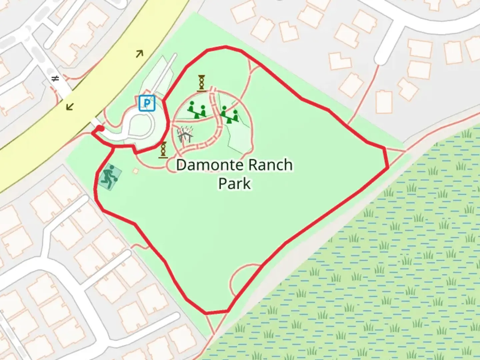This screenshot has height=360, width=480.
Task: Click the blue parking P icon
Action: coord(147,103)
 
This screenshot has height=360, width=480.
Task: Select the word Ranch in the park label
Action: coord(270,165)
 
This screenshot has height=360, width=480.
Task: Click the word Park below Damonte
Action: coord(234,183)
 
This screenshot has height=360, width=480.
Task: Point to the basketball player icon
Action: coord(109,177)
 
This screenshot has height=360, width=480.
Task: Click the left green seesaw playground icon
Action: coord(196,110)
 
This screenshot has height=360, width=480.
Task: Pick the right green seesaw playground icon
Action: coord(229,114)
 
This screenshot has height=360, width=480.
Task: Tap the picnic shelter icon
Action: coord(185,135)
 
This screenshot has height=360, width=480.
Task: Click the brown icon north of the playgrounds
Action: coord(202,83)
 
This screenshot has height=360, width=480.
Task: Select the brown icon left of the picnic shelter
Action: coord(163,150)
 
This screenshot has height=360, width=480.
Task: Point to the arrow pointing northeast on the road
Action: coord(139,53)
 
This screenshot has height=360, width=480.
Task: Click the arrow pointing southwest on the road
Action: coord(70,106)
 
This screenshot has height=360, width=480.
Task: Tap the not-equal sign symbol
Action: coord(55,79)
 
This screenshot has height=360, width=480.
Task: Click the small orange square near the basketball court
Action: coord(135,171)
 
